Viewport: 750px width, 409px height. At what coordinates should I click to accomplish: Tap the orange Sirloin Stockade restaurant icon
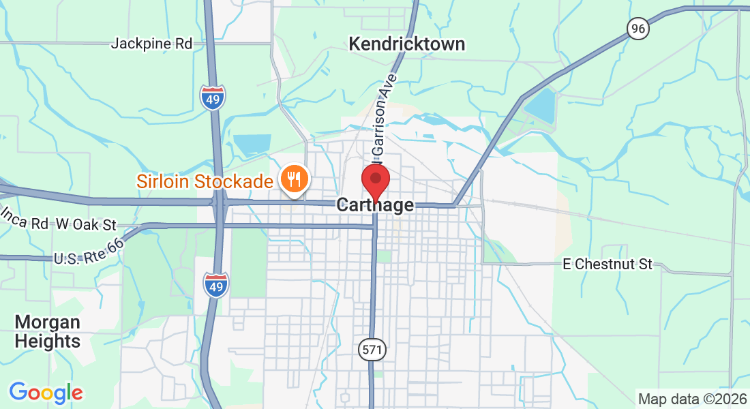[294, 179]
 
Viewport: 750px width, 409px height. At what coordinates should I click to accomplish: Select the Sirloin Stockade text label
[205, 181]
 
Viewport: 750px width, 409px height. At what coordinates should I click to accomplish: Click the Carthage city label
[375, 205]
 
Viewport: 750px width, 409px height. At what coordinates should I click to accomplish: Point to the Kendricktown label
[406, 44]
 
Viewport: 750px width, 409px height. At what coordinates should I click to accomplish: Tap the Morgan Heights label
[48, 331]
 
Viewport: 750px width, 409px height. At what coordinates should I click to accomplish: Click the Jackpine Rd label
[151, 44]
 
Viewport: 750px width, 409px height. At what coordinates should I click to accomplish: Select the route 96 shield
[637, 29]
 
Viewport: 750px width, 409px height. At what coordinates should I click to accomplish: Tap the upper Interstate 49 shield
[213, 98]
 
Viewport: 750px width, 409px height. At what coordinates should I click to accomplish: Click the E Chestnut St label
[608, 264]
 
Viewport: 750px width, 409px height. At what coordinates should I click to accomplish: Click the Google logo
[46, 393]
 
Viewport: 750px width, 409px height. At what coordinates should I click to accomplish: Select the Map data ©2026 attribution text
[691, 399]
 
